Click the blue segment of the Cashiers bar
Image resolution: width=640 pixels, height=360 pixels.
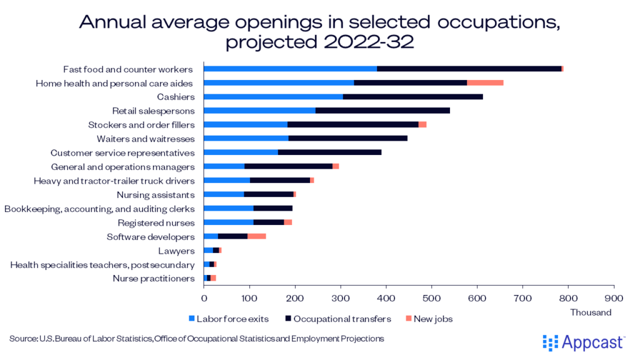[x=273, y=97]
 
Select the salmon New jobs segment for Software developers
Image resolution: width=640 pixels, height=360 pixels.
[x=257, y=236]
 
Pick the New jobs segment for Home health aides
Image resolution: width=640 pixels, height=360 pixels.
[x=485, y=82]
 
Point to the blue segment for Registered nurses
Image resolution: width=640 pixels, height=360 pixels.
[x=229, y=222]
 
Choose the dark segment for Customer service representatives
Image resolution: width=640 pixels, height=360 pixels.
[x=329, y=152]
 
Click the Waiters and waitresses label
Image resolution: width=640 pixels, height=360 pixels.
[x=146, y=139]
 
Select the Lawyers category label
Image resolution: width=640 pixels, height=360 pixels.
[x=176, y=251]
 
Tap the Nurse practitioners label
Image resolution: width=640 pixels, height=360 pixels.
[x=154, y=279]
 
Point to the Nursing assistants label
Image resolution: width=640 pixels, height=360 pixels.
[x=156, y=194]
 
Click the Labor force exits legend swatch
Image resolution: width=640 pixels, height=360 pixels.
[x=192, y=319]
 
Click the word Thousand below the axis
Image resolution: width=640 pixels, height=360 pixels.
[x=591, y=312]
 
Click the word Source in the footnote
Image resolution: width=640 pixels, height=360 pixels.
[x=22, y=339]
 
